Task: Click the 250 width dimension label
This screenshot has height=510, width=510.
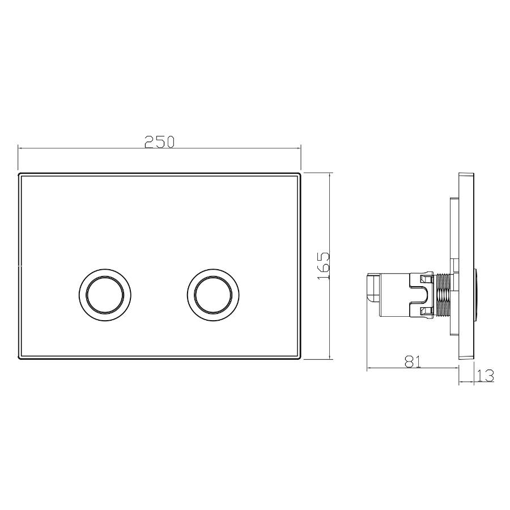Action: (160, 142)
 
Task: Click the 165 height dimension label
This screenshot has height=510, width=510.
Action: (324, 266)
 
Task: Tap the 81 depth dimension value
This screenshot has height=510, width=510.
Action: (412, 362)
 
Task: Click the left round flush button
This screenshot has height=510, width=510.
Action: (105, 295)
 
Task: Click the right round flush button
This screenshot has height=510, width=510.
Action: (213, 295)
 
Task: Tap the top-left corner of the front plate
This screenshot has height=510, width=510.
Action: (18, 173)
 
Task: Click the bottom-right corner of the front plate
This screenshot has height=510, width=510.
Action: (300, 359)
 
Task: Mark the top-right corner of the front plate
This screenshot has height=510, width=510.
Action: (300, 173)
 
